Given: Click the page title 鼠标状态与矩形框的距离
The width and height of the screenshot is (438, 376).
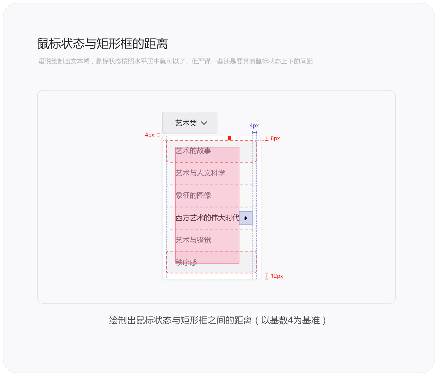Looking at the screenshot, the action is coord(103,44).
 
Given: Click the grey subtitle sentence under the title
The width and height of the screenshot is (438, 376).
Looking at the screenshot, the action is coord(176,61).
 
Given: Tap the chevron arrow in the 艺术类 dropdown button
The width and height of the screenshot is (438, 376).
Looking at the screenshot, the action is coord(204,123).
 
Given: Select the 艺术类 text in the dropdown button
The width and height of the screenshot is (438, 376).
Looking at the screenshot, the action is coord(186,123).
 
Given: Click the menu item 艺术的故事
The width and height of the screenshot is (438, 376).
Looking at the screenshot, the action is coord(193,151).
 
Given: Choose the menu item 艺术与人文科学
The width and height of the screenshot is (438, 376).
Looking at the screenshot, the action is coord(200,173).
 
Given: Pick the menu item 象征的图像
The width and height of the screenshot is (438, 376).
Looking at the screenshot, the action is coord(193,196).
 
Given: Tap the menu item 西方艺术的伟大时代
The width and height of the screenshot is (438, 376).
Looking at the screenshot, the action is coord(207,218).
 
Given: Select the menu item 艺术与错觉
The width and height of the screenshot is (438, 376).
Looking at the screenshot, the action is coord(193,240).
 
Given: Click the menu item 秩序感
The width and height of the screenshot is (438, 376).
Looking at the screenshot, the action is coord(186,263).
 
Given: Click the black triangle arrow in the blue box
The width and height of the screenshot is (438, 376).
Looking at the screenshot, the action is coord(246,218).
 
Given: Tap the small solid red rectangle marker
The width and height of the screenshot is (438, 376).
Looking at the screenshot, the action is coord(229,138).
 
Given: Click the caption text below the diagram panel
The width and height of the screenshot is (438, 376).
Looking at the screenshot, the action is coord(218,320).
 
